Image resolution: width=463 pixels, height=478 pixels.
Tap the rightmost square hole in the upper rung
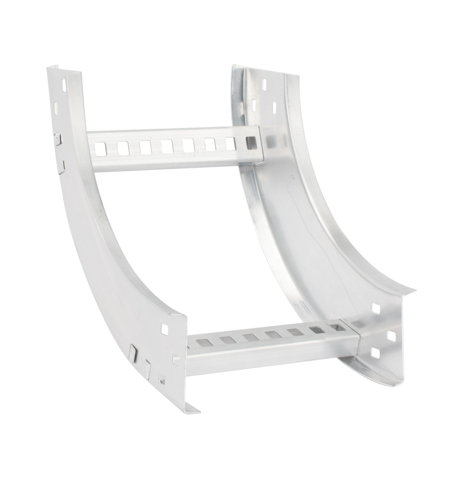coord(251,142)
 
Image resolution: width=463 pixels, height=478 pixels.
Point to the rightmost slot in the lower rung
coord(337,327)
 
